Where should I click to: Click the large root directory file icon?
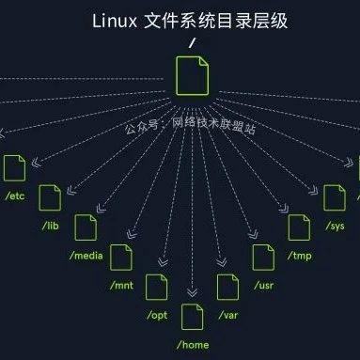pyautogui.click(x=193, y=74)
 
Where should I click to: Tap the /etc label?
pyautogui.click(x=15, y=196)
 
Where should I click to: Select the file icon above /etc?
pyautogui.click(x=14, y=168)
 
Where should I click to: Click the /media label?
pyautogui.click(x=87, y=256)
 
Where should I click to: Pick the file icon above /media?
pyautogui.click(x=86, y=227)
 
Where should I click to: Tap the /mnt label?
pyautogui.click(x=122, y=284)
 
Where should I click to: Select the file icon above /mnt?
pyautogui.click(x=122, y=256)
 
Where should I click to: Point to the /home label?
pyautogui.click(x=194, y=344)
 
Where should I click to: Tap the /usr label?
pyautogui.click(x=264, y=284)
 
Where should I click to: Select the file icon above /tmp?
pyautogui.click(x=299, y=227)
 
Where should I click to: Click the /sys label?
pyautogui.click(x=336, y=227)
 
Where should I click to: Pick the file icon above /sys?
pyautogui.click(x=335, y=198)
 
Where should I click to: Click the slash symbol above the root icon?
pyautogui.click(x=193, y=42)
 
